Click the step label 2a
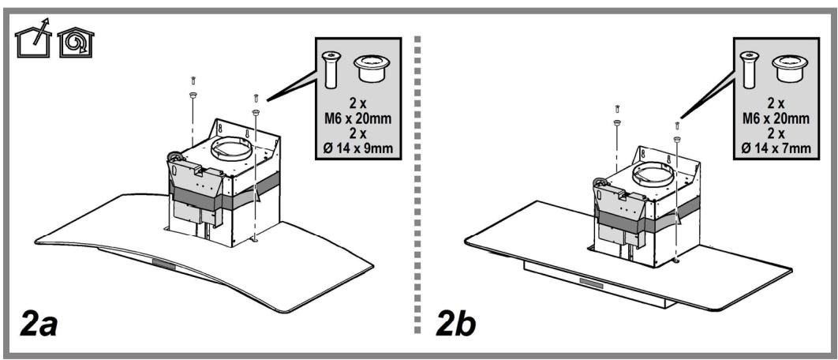39,324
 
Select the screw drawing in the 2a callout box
332,66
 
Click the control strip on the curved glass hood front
165,261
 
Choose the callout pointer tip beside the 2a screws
268,99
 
